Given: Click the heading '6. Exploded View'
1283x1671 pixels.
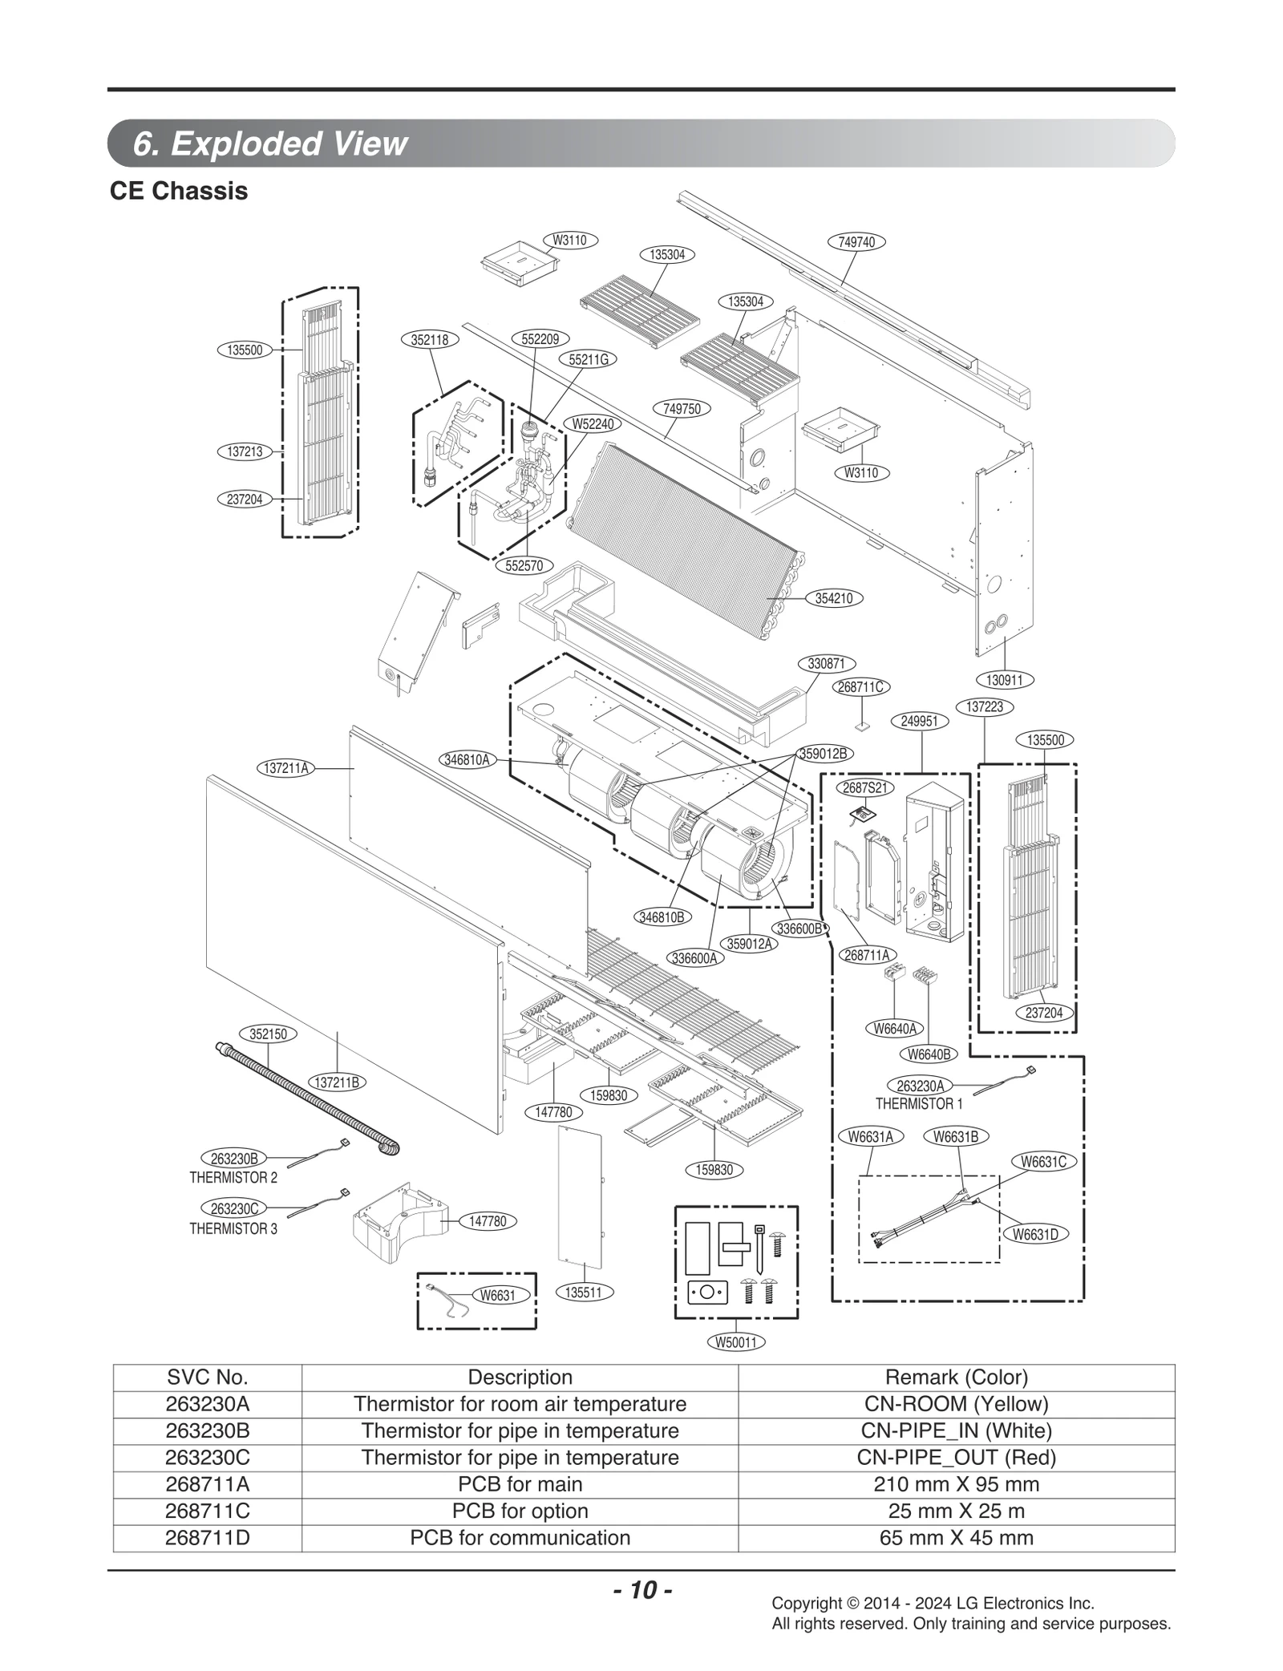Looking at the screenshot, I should [270, 144].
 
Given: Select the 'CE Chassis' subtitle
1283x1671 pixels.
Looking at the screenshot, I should [179, 192].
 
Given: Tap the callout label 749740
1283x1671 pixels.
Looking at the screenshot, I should [856, 241].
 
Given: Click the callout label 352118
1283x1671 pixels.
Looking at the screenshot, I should [430, 339].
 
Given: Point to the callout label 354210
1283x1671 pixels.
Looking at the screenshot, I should [833, 598].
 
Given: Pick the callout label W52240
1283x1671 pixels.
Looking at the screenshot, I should [593, 423].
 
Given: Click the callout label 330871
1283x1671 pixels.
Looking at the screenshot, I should [827, 664].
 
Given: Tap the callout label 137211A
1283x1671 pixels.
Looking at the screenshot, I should [286, 767].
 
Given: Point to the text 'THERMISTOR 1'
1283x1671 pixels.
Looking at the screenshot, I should [919, 1104].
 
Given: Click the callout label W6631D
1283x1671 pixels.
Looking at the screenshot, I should [1035, 1234].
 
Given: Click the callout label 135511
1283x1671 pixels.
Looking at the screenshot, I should [583, 1293].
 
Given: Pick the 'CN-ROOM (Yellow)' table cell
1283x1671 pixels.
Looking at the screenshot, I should [956, 1404].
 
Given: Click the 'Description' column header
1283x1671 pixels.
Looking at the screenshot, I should [520, 1378].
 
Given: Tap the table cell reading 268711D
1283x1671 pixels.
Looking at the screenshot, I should [208, 1538].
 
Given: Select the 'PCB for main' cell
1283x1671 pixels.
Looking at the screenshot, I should [520, 1484].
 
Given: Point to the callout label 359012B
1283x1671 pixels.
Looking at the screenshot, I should [827, 754].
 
